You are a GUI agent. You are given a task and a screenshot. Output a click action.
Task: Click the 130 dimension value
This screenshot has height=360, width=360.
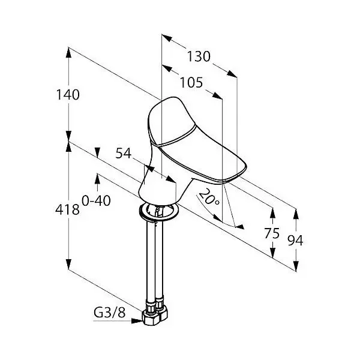[199, 56]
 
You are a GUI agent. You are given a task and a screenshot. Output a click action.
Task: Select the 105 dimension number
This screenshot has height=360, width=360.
[191, 83]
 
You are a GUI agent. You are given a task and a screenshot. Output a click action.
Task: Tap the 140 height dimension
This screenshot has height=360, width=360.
[68, 95]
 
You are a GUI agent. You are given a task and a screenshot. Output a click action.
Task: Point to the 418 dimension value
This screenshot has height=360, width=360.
[67, 209]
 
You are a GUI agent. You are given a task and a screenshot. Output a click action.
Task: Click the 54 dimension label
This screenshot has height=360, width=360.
[123, 153]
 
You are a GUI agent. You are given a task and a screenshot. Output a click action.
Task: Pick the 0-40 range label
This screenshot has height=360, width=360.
[96, 200]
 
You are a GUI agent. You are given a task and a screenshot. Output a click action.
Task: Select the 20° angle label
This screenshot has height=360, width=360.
[209, 197]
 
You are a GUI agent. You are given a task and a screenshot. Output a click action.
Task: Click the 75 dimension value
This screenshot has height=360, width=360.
[272, 233]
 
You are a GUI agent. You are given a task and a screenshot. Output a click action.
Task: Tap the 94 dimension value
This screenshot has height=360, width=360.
[295, 241]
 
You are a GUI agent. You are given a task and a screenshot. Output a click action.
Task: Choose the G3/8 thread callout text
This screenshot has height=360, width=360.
[110, 312]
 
